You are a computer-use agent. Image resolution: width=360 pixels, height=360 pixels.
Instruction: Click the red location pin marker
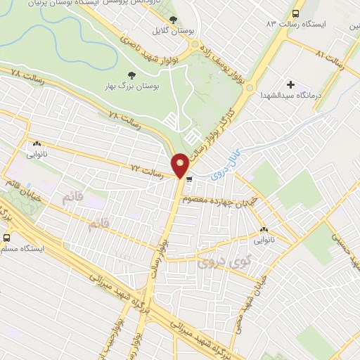180,165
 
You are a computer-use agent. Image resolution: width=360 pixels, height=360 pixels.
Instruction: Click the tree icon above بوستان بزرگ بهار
131,75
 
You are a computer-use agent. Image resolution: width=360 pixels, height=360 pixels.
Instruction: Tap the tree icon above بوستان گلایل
174,19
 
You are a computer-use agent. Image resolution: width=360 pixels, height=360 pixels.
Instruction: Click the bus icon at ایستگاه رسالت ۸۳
295,13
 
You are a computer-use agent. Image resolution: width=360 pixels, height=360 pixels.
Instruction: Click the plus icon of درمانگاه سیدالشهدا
290,84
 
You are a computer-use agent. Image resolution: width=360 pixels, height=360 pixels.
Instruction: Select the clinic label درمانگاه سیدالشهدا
290,95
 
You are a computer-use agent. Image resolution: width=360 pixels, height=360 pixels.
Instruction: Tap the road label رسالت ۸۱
330,60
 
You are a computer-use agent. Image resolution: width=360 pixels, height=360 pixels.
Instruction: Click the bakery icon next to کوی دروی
264,229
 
